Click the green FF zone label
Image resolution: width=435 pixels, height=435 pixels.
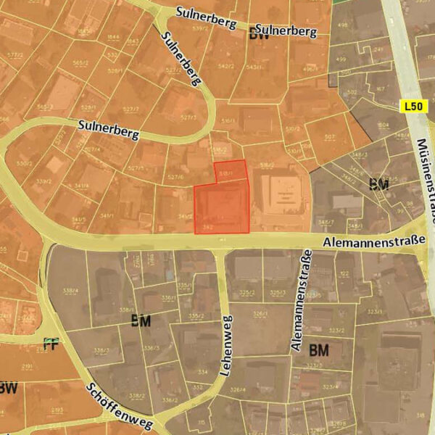50,344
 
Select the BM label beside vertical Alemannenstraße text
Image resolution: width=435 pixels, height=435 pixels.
319,350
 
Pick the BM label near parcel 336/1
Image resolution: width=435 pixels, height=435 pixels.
141,320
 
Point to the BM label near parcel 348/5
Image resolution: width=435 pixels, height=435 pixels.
378,184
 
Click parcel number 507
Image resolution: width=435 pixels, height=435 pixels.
329,136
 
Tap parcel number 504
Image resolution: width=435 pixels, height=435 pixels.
383,125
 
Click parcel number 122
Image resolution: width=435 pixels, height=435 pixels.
344,273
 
